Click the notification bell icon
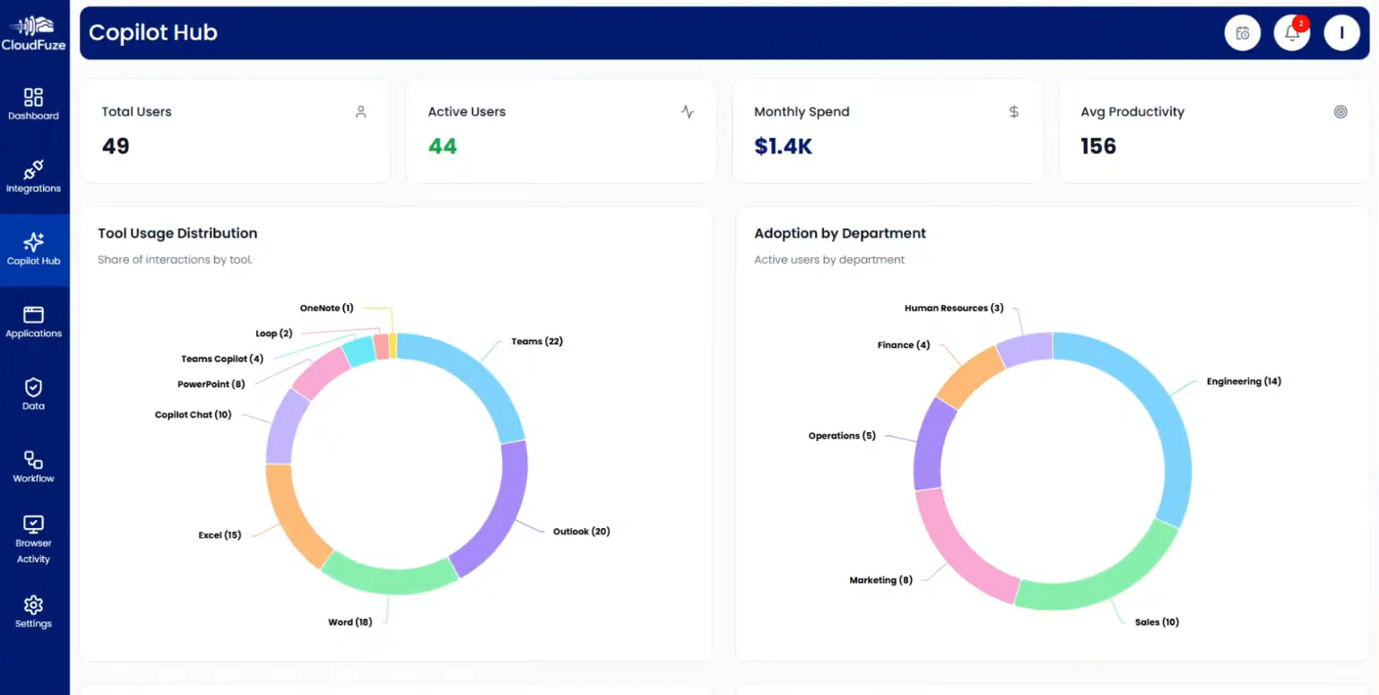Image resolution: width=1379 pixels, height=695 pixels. point(1291,33)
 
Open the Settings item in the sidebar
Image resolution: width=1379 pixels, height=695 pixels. point(33,612)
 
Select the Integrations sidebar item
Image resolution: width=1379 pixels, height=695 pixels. point(33,177)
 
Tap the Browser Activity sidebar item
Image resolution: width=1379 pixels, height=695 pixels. point(33,539)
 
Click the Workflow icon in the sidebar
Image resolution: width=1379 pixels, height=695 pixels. point(33,460)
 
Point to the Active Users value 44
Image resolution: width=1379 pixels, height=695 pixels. point(442,146)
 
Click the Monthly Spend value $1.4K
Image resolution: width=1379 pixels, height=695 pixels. point(783,146)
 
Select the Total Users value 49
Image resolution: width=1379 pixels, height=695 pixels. point(116,146)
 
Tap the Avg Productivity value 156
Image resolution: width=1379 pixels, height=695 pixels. point(1097,146)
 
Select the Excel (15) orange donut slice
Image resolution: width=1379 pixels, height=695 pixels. point(291,516)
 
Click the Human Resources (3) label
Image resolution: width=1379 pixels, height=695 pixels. point(953,308)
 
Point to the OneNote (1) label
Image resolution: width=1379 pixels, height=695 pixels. point(326,308)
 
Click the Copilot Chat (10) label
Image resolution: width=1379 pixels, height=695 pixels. point(193,415)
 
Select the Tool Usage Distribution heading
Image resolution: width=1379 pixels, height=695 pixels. point(178,233)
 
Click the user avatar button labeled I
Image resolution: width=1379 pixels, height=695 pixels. point(1341,33)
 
